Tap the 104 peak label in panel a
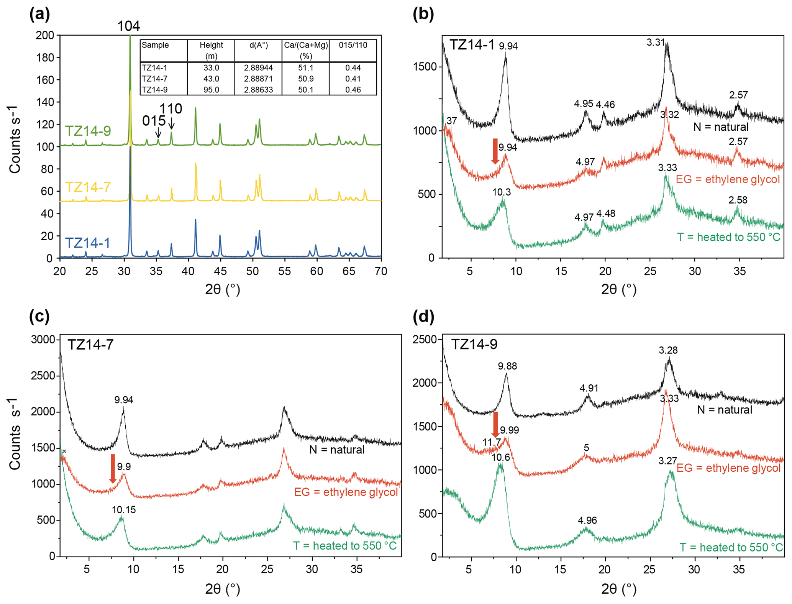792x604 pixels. coord(128,26)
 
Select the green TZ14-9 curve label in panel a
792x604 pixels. coord(88,131)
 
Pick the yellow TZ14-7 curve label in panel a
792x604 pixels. coord(88,187)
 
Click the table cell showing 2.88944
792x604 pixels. coord(258,68)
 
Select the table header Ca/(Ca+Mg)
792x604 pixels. coord(306,45)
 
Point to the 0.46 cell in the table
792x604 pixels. coord(353,90)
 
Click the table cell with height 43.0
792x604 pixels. coord(211,79)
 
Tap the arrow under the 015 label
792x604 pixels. coord(158,133)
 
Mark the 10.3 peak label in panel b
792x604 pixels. coord(502,192)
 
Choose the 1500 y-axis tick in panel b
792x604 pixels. coord(425,67)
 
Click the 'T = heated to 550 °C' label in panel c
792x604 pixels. coord(345,545)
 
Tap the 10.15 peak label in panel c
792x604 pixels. coord(124,510)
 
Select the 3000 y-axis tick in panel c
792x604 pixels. coord(43,340)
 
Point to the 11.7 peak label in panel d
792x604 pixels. coord(492,442)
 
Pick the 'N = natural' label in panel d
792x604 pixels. coord(725,410)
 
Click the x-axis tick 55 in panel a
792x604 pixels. coord(284,271)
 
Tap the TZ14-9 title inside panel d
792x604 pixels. coord(474,344)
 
